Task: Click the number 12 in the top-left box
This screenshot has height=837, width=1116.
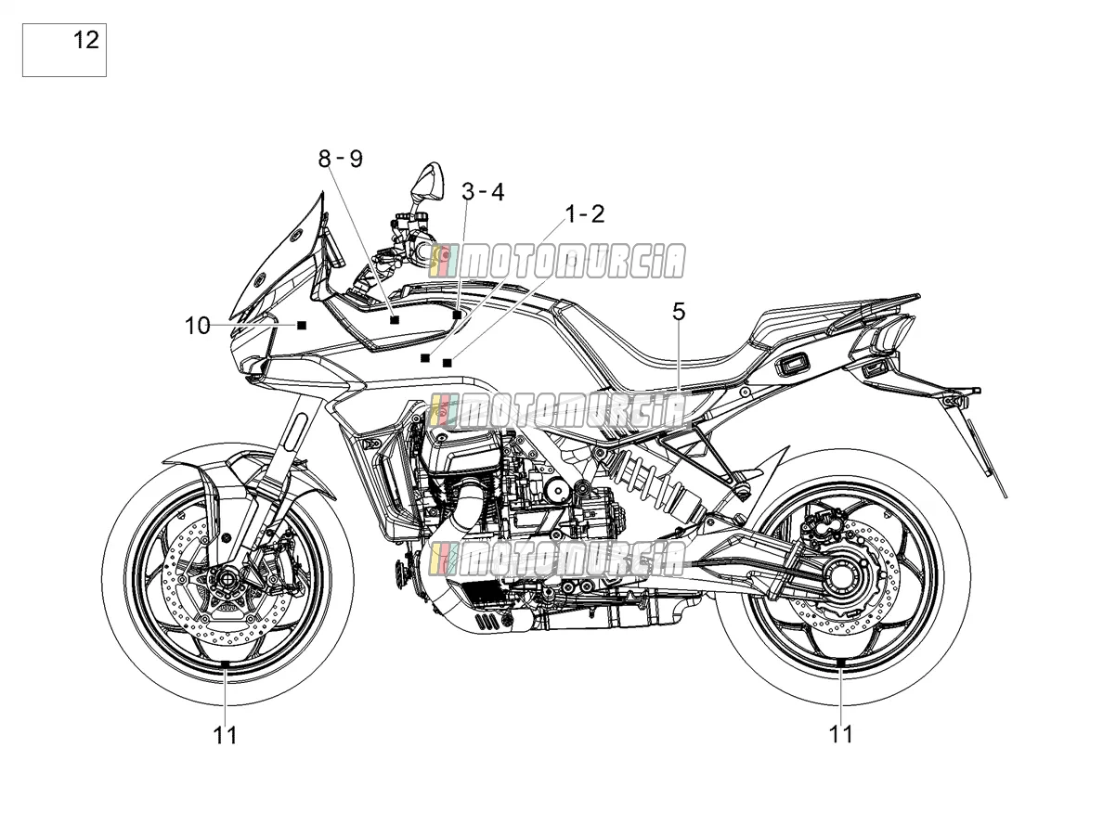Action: pyautogui.click(x=86, y=40)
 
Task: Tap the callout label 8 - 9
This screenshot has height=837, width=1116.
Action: pyautogui.click(x=341, y=159)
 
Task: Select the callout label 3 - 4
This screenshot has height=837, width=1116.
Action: pyautogui.click(x=483, y=192)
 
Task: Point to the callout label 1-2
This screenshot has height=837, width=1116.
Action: pyautogui.click(x=585, y=214)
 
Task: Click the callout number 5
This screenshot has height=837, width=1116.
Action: pyautogui.click(x=679, y=312)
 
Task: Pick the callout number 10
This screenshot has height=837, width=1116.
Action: pyautogui.click(x=197, y=326)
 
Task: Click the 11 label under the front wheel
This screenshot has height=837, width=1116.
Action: pyautogui.click(x=225, y=735)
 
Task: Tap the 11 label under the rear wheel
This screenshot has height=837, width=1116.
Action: pyautogui.click(x=840, y=734)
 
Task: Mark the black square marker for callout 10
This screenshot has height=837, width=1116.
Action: pyautogui.click(x=302, y=325)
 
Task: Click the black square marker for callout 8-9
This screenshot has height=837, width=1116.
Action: pyautogui.click(x=395, y=319)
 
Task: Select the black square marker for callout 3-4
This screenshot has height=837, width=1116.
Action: pyautogui.click(x=457, y=315)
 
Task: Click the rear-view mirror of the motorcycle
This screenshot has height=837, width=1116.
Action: pyautogui.click(x=426, y=182)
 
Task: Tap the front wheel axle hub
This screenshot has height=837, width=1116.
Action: pyautogui.click(x=226, y=578)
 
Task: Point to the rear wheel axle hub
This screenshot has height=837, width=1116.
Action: pyautogui.click(x=843, y=577)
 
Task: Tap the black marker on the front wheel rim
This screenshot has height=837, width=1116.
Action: pyautogui.click(x=224, y=664)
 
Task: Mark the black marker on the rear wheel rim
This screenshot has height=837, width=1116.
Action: pyautogui.click(x=840, y=663)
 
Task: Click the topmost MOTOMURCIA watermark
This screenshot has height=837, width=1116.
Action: pyautogui.click(x=558, y=261)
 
